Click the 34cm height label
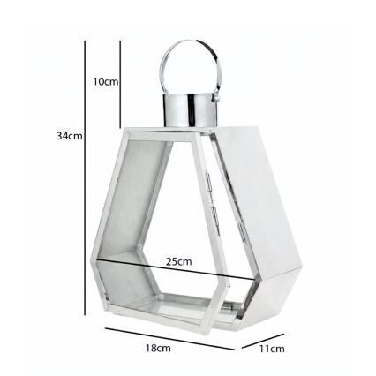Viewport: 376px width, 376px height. pos(69,136)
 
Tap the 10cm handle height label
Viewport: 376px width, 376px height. pos(105,82)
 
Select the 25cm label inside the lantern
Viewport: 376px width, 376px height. pos(179,261)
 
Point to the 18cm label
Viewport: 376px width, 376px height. pos(158,349)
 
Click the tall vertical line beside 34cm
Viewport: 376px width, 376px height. pos(85,177)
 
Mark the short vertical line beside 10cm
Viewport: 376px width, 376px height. pos(120,84)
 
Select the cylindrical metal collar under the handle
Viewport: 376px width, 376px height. pos(190,109)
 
